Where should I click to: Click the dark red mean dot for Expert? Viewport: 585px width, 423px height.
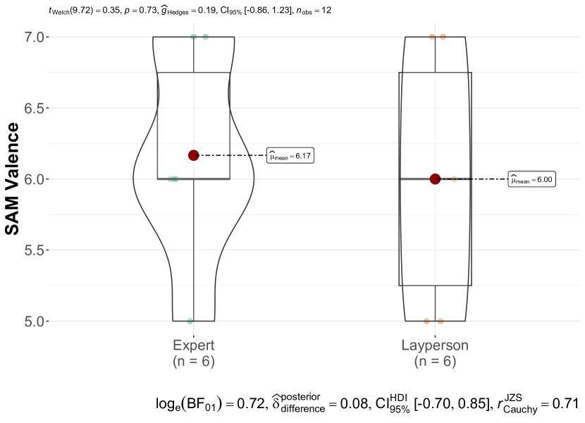193,155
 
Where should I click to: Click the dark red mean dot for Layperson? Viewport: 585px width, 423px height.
435,179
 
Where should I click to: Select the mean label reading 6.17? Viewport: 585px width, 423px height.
290,156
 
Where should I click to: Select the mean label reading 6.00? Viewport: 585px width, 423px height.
531,180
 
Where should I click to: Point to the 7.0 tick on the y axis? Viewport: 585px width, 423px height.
35,37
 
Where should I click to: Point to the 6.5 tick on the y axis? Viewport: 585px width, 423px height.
35,109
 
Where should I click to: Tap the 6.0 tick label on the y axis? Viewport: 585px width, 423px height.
35,179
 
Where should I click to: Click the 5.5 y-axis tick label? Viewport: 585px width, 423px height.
35,250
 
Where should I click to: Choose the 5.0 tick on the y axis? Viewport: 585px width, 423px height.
35,321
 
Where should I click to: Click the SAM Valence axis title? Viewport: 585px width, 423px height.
12,179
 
